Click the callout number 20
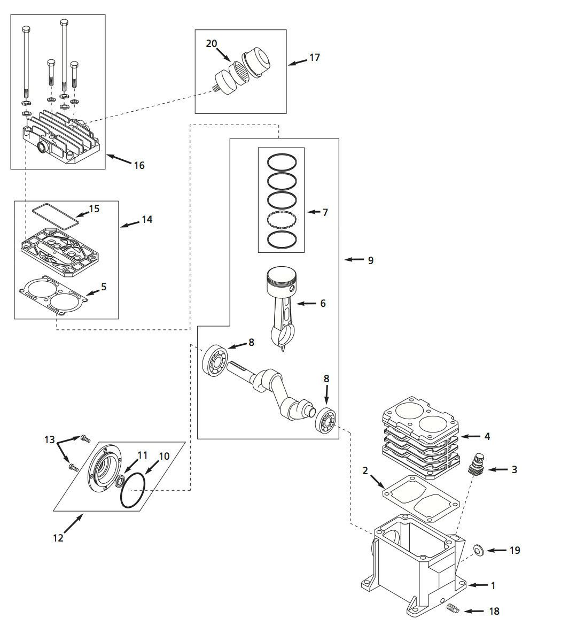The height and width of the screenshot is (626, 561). pos(212,43)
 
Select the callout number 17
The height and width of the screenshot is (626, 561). pos(315,57)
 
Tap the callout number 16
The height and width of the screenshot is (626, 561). pos(139,166)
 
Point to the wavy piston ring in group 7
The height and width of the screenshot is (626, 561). pos(282,219)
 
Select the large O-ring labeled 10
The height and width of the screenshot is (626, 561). pos(132,490)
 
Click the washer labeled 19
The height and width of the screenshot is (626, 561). pos(479,549)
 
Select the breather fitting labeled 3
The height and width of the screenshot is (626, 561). pos(474,464)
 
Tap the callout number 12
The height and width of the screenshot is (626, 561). pos(58,538)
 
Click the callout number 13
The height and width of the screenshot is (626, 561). pos(50,439)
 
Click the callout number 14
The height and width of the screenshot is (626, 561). pos(146,220)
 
